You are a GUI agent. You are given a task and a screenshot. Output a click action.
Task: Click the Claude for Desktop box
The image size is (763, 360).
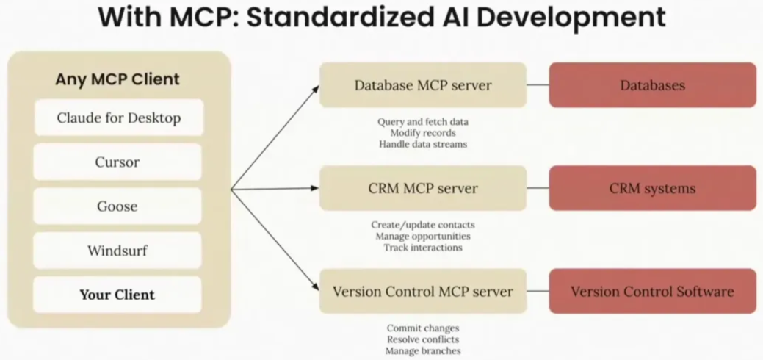tap(118, 118)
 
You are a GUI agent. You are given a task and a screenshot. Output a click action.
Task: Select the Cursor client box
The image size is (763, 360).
tap(118, 162)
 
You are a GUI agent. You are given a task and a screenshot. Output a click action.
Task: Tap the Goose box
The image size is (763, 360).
tap(118, 206)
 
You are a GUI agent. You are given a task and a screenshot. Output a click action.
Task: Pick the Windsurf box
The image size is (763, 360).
tap(118, 251)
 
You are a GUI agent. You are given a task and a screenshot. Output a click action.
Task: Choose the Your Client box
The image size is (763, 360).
tap(118, 295)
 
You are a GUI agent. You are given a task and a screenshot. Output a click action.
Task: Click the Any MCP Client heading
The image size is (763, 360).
tap(117, 79)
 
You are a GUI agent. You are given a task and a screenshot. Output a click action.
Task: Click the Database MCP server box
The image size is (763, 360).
tap(423, 85)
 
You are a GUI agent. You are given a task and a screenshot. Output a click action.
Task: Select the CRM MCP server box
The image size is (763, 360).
tap(423, 188)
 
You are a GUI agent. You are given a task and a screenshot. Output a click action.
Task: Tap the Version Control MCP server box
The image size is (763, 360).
tap(423, 292)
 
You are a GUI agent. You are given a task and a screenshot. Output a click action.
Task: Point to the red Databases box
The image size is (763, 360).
tap(652, 85)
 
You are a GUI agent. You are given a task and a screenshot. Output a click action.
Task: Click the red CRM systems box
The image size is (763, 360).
tap(652, 188)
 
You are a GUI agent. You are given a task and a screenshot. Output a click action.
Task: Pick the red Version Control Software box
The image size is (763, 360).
tap(652, 292)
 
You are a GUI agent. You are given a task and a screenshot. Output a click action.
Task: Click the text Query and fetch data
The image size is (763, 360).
tap(423, 121)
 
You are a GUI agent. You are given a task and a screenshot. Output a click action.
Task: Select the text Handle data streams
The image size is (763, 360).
tap(423, 144)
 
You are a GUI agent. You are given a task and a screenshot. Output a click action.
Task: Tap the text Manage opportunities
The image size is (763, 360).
tap(423, 236)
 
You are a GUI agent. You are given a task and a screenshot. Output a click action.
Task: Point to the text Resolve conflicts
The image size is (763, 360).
tap(423, 339)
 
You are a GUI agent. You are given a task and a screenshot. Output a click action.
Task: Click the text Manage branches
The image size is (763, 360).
tap(423, 351)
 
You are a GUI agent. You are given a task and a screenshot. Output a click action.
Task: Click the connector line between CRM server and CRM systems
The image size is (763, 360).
tap(538, 188)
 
